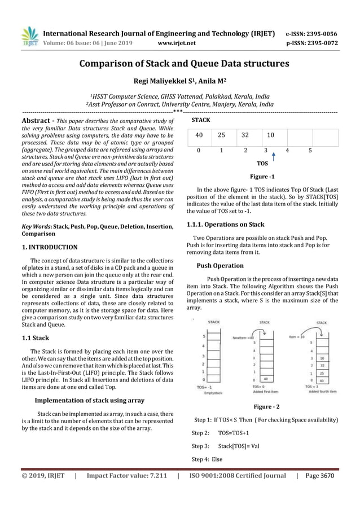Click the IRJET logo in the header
coord(29,36)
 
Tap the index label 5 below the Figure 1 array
coord(310,151)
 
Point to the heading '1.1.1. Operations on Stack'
coord(225,225)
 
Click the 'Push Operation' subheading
coord(220,265)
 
